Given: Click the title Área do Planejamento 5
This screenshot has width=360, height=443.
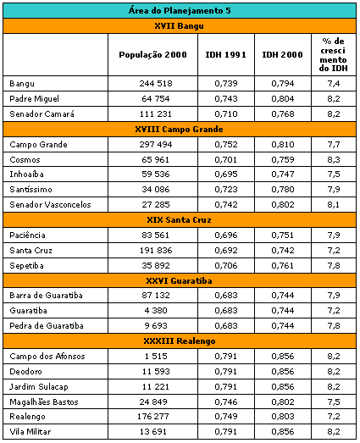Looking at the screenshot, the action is (x=180, y=11).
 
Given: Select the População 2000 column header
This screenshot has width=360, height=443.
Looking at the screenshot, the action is (x=152, y=54).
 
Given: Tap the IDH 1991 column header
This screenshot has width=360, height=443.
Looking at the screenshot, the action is (x=226, y=54).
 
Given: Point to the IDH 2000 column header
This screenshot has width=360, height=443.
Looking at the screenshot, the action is (x=283, y=54).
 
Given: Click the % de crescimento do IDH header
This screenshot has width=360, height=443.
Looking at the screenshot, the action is (x=334, y=54).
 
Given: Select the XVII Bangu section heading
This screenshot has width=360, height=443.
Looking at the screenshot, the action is (x=179, y=26).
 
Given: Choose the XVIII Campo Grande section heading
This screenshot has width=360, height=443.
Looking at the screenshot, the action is (x=179, y=130).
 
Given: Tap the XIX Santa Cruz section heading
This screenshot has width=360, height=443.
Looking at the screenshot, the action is (x=179, y=220).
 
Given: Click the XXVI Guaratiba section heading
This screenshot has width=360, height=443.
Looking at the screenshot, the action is (x=179, y=281).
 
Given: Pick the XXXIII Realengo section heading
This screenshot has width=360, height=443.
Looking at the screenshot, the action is (x=179, y=341).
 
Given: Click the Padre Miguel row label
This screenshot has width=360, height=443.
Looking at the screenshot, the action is (x=34, y=99).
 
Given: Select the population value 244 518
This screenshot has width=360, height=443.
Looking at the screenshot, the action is (x=156, y=84).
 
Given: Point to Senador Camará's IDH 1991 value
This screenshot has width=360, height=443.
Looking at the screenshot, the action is (x=226, y=114).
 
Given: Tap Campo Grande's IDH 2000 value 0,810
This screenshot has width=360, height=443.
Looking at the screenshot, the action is (x=283, y=145).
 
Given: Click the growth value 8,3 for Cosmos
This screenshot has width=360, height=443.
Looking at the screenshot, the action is (x=334, y=160).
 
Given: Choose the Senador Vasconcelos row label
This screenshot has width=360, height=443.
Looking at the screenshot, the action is (x=50, y=204).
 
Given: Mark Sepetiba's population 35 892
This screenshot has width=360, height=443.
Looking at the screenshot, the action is (x=156, y=266).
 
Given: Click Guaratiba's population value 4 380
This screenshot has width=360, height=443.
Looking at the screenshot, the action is (x=156, y=311).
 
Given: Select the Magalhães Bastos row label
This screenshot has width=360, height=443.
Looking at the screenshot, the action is (x=44, y=401).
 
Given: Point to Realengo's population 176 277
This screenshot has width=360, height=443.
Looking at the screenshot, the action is (x=153, y=417).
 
